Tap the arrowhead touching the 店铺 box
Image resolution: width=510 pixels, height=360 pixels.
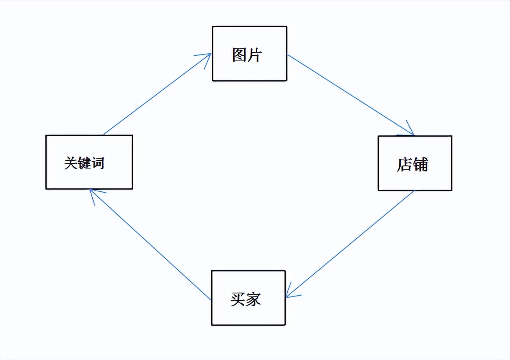tap(410, 131)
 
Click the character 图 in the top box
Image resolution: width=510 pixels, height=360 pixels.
tap(239, 55)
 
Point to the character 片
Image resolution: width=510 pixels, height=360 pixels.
tap(255, 55)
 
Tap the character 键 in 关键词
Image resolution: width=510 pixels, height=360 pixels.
tap(84, 163)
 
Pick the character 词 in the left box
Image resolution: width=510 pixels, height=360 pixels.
tap(97, 163)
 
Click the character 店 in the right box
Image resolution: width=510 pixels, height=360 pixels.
tap(404, 164)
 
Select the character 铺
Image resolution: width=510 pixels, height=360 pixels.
tap(420, 164)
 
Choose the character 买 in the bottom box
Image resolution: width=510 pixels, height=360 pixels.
tap(238, 299)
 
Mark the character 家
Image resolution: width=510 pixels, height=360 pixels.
tap(253, 299)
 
